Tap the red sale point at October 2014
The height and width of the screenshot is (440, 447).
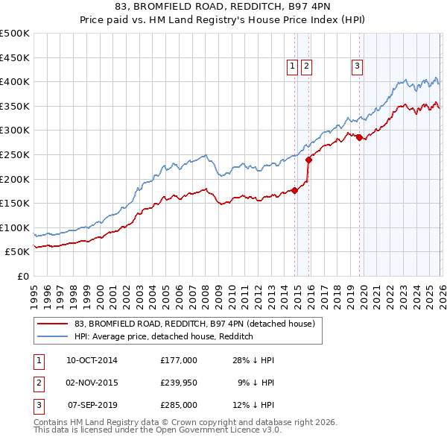[x=294, y=190]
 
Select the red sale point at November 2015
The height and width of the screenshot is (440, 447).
[x=308, y=160]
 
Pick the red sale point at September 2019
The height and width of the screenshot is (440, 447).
[x=359, y=137]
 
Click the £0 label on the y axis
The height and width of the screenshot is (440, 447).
[x=22, y=276]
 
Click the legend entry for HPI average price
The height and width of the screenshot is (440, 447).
[x=164, y=336]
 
